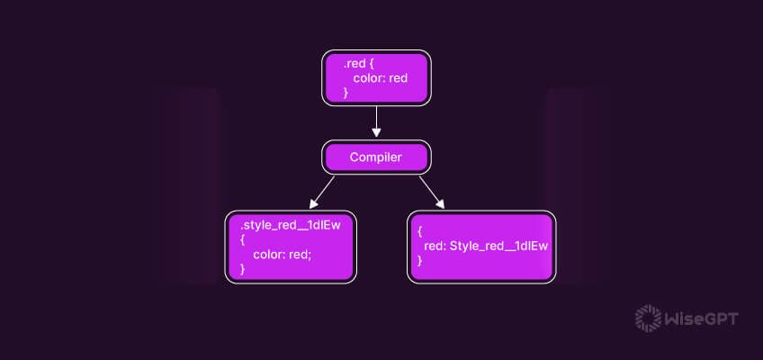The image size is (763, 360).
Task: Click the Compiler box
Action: click(x=376, y=157)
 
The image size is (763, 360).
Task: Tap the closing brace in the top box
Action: click(x=346, y=92)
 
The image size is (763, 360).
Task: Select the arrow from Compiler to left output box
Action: click(x=321, y=191)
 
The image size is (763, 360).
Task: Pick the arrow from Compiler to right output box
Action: click(x=431, y=191)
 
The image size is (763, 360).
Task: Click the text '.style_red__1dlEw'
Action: click(x=290, y=225)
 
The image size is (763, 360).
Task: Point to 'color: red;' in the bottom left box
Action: click(x=282, y=255)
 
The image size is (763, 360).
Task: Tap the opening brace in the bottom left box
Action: click(x=243, y=239)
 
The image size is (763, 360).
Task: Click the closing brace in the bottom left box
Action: click(x=243, y=268)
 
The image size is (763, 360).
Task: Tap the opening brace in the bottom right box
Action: click(x=420, y=230)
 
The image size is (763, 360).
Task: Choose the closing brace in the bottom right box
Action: click(x=420, y=260)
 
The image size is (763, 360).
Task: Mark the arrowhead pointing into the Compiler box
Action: click(x=377, y=134)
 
